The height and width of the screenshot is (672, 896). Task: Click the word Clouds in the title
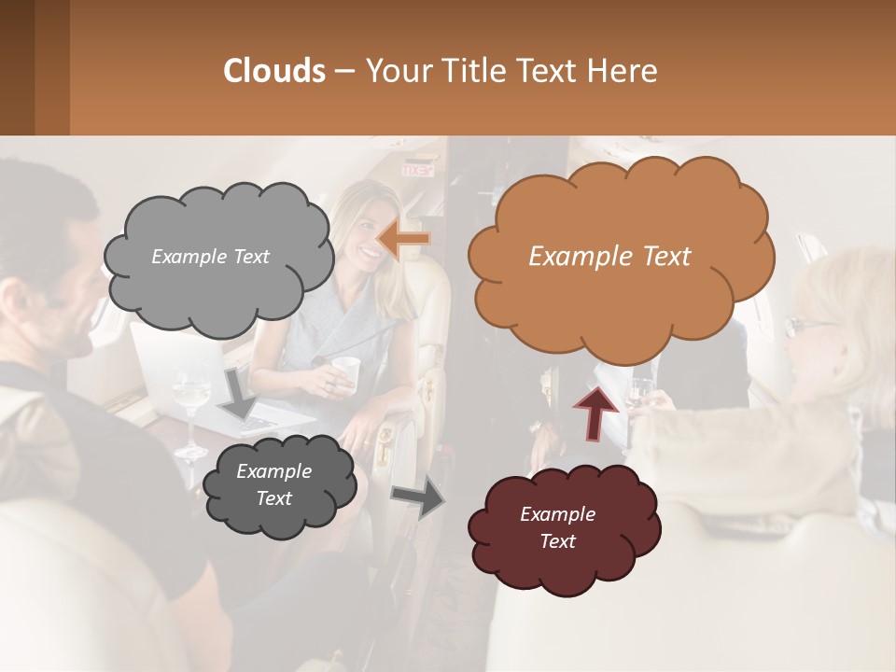click(x=274, y=70)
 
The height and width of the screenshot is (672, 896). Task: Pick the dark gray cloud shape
click(x=279, y=487)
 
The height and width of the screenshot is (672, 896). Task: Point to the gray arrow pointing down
click(x=238, y=393)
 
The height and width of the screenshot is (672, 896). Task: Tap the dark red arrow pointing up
click(x=595, y=411)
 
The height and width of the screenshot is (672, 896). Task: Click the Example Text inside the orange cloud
click(x=609, y=257)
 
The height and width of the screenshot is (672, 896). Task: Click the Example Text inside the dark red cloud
click(x=557, y=527)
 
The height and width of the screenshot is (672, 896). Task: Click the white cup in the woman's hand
click(x=346, y=370)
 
